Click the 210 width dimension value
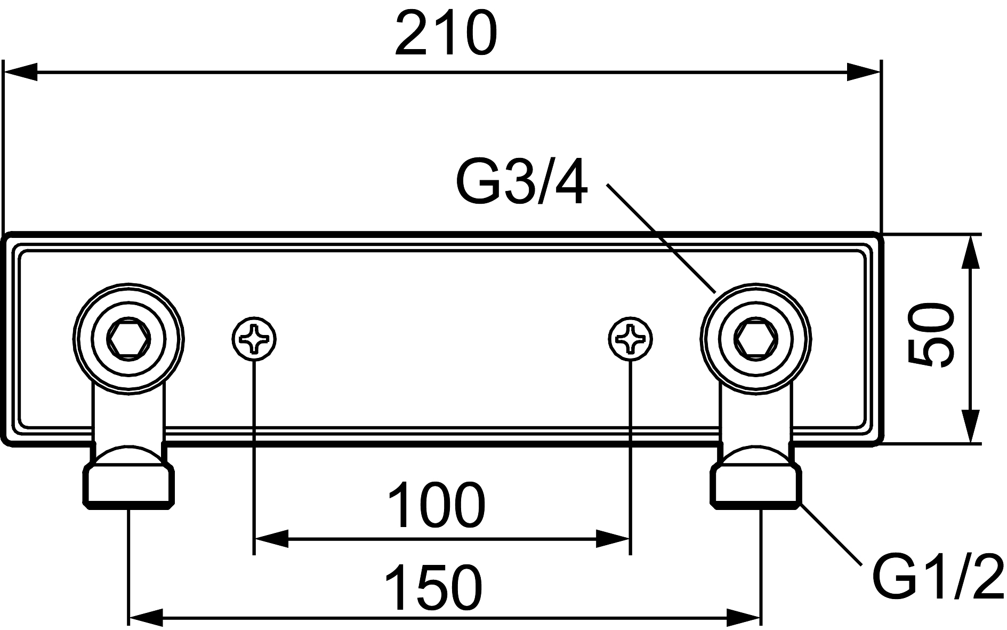(x=446, y=33)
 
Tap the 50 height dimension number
(x=931, y=335)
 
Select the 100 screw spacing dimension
(x=436, y=504)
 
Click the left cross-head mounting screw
(x=255, y=338)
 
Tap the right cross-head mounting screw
(x=631, y=338)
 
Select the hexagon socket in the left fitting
(x=129, y=338)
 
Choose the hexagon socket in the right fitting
(x=756, y=338)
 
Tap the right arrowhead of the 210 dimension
(x=864, y=73)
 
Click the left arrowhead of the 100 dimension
(x=272, y=539)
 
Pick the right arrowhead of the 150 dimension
(x=744, y=619)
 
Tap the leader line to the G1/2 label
(x=832, y=536)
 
